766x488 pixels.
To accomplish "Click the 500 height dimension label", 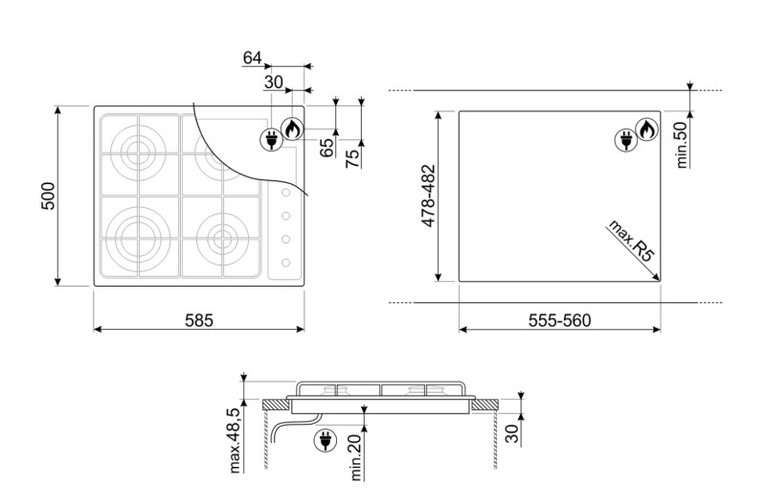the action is point(48,196).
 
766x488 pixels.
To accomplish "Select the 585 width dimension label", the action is point(199,320).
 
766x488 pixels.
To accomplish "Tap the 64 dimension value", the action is point(252,58).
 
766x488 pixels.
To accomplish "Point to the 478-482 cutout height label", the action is point(428,196).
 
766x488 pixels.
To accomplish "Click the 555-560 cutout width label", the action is point(559,320).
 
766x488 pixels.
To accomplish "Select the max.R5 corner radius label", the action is point(630,241).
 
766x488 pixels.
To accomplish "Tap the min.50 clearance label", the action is point(682,145).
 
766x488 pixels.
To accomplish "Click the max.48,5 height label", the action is point(235,441).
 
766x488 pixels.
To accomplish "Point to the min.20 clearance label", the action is point(355,457).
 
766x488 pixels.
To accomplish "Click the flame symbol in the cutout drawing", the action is point(647,129).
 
